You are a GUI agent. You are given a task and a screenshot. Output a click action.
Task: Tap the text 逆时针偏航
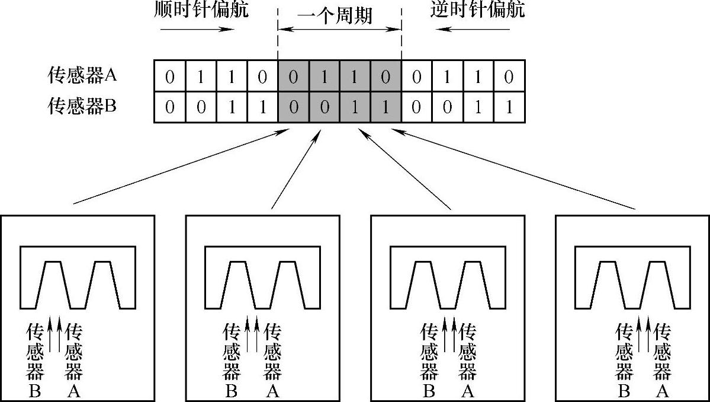477,10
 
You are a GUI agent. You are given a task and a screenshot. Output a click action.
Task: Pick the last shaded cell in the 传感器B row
385,107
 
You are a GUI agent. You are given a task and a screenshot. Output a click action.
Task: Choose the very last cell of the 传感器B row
509,107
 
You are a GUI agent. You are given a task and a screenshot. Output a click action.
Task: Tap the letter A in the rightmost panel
663,391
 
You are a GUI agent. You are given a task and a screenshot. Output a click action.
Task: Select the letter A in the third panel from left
467,391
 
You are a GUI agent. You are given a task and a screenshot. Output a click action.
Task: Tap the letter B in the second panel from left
232,391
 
